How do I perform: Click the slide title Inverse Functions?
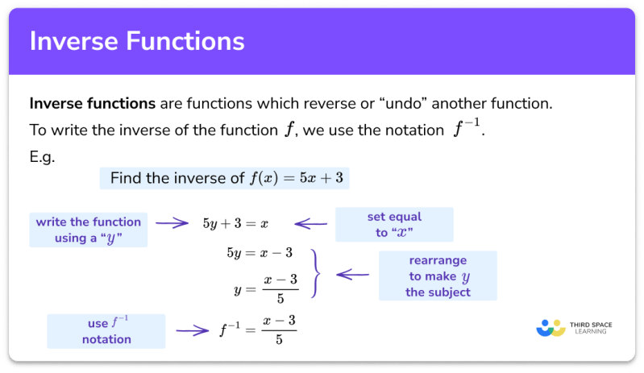(x=137, y=41)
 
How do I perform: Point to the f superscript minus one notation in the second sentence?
(x=465, y=130)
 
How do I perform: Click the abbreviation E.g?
(x=42, y=156)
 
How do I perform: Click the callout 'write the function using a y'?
(x=88, y=230)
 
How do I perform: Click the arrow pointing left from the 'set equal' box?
(x=310, y=224)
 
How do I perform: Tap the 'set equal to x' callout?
(x=393, y=225)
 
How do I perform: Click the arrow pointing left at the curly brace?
(x=352, y=274)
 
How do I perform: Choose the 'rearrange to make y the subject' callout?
(x=438, y=276)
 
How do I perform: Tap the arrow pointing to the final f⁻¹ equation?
(x=193, y=329)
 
